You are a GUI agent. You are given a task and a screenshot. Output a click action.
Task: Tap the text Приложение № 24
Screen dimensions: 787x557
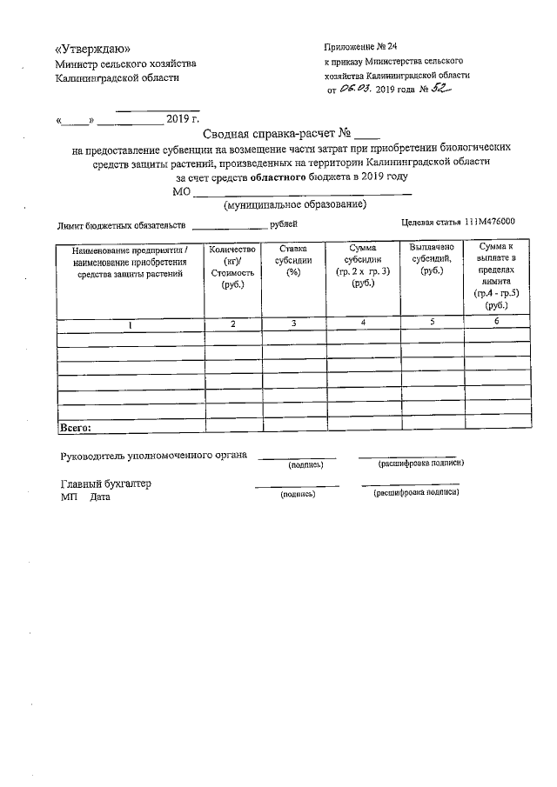[x=360, y=46]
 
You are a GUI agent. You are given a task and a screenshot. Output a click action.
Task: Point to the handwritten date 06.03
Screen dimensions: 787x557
[x=357, y=89]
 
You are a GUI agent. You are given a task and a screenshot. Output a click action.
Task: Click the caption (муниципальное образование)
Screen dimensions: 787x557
[x=294, y=205]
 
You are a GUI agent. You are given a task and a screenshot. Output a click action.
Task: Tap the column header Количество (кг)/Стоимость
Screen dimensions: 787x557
[x=232, y=267]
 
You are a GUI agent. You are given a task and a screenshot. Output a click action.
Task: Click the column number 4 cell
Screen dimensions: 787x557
[x=361, y=323]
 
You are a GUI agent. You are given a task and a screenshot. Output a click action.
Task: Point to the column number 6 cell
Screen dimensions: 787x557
[x=497, y=323]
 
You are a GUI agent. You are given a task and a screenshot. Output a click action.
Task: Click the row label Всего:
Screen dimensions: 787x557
[x=75, y=427]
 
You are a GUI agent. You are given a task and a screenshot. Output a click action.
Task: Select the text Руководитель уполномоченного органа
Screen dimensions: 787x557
[x=153, y=455]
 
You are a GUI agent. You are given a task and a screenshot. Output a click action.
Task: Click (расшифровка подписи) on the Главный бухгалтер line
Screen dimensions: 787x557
[x=416, y=493]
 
